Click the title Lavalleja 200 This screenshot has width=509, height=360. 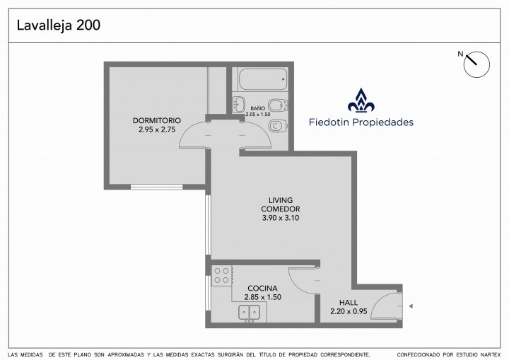(x=59, y=25)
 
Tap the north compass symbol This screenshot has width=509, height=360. (x=476, y=64)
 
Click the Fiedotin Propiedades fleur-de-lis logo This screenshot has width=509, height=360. (x=361, y=100)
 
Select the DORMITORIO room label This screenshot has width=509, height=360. (x=157, y=120)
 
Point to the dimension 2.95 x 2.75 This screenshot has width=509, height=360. (x=157, y=129)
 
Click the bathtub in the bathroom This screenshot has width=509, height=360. (x=263, y=79)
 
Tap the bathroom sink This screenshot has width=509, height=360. (x=239, y=104)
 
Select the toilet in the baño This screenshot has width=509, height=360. (x=279, y=125)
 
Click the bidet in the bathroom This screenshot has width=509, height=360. (x=279, y=105)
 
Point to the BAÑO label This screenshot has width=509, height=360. (x=258, y=108)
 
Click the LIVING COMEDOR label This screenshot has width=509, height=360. (x=281, y=204)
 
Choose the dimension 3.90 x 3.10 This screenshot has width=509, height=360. (x=281, y=218)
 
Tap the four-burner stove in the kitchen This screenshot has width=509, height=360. (x=221, y=276)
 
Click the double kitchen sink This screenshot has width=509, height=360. (x=250, y=313)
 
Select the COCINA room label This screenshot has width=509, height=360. (x=262, y=288)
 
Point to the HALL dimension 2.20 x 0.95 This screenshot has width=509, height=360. (x=349, y=311)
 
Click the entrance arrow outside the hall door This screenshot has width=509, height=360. (x=411, y=306)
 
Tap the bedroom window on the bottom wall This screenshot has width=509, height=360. (x=157, y=187)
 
